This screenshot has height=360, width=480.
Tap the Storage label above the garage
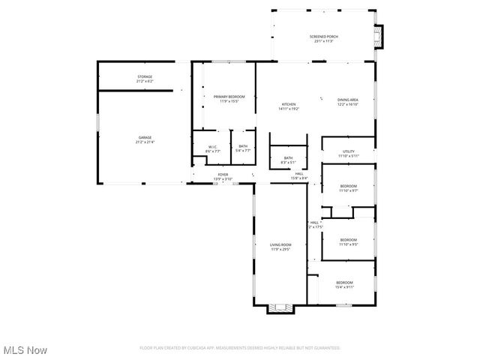tap(145, 79)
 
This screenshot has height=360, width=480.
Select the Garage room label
tap(145, 139)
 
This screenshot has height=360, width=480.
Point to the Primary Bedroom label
tap(229, 99)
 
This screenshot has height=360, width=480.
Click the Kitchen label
tap(289, 106)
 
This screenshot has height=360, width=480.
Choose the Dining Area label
tap(347, 103)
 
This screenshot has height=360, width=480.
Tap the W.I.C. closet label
tap(213, 148)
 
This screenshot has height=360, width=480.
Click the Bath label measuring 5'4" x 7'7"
tap(243, 148)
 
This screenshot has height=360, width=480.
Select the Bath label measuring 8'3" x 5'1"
tap(288, 160)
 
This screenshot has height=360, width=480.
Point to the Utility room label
tap(348, 154)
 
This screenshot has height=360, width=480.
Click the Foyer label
tap(223, 176)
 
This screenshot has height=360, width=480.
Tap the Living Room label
tap(281, 247)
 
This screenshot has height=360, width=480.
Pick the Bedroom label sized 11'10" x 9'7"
tap(348, 188)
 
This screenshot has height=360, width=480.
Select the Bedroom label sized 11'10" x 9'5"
tap(348, 242)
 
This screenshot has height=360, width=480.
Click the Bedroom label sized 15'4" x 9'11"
tap(344, 284)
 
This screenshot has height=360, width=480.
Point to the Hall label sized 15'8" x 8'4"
tap(298, 175)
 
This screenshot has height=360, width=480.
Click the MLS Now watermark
tap(25, 350)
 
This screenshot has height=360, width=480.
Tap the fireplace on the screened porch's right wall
tap(379, 34)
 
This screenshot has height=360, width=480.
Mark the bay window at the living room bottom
tap(281, 307)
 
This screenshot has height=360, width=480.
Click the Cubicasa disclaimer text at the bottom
tap(240, 348)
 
